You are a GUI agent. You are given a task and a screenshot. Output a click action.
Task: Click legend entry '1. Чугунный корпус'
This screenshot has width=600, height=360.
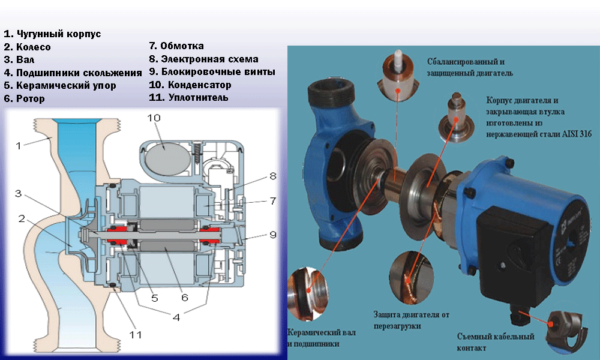coord(52,34)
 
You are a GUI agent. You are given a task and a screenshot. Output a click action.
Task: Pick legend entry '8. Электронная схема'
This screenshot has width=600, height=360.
coord(203,59)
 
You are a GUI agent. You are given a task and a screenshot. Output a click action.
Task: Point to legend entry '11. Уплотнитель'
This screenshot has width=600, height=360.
coord(188,97)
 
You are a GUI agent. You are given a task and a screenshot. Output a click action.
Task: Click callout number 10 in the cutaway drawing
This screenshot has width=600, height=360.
coord(155,118)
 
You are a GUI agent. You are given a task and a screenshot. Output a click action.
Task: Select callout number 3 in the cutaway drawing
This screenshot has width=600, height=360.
coord(19,194)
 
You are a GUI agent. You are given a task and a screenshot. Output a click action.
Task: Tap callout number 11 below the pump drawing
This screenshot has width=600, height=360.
coord(136,334)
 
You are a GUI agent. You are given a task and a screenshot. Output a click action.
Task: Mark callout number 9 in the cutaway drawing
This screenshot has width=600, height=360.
coord(273,235)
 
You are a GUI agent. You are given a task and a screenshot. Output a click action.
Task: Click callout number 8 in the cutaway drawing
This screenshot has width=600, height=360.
coord(272,176)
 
